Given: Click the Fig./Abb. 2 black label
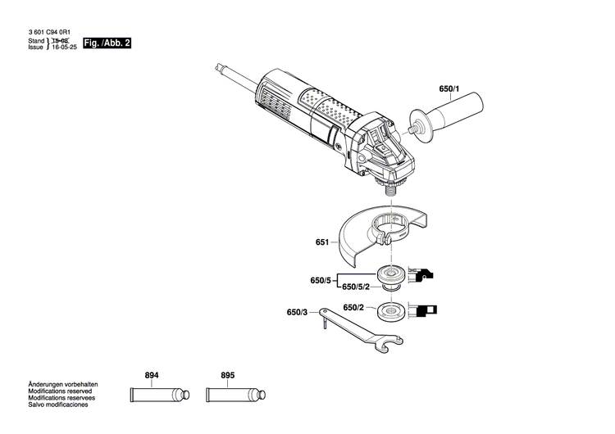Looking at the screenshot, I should (109, 42).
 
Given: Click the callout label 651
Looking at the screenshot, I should (321, 242).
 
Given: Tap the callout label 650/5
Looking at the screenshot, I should (320, 280).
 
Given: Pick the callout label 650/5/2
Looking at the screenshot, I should (355, 287).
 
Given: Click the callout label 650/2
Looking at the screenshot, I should (353, 308).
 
